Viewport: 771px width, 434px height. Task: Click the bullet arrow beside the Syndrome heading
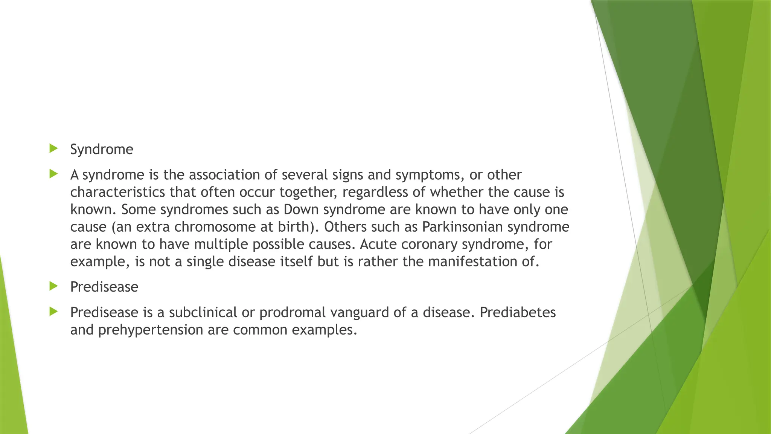pyautogui.click(x=53, y=148)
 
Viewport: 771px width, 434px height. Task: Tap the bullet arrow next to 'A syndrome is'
pyautogui.click(x=53, y=174)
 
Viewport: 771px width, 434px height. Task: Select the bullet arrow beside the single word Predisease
pyautogui.click(x=53, y=286)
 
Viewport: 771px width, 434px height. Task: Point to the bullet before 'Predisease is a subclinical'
pyautogui.click(x=53, y=312)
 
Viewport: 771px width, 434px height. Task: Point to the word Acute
pyautogui.click(x=378, y=244)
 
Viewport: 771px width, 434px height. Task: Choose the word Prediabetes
pyautogui.click(x=518, y=312)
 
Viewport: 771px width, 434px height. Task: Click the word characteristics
pyautogui.click(x=117, y=192)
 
